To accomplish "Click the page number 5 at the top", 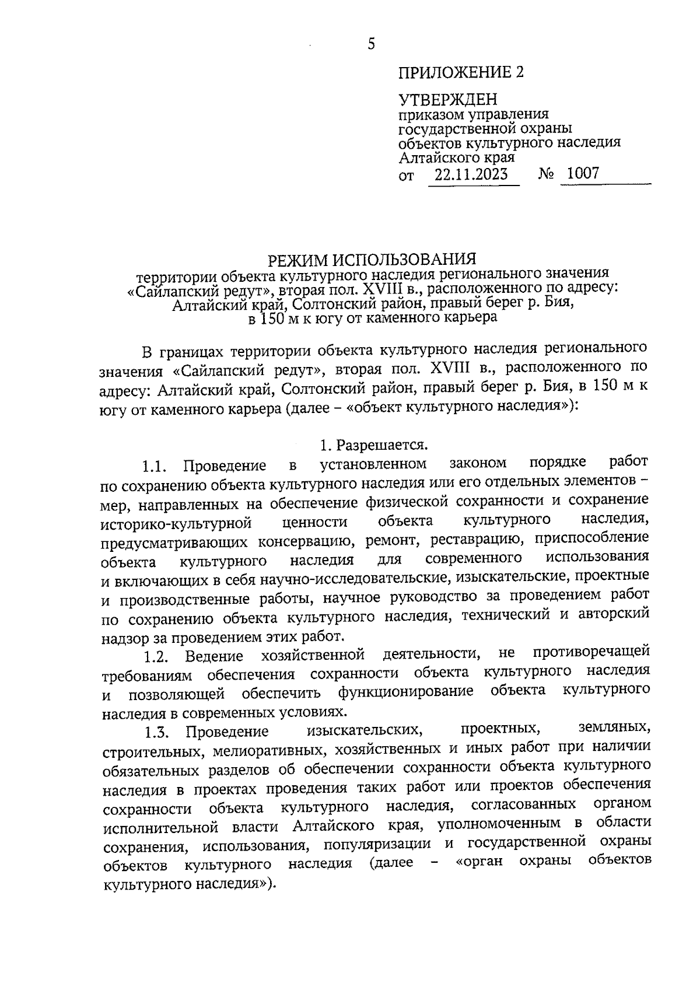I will (372, 44).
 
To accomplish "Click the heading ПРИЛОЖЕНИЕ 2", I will (461, 72).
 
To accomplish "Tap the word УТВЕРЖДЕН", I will (447, 100).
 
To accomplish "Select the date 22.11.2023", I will (471, 174).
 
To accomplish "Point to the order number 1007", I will (583, 173).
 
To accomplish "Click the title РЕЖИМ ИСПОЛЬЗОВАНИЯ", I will (372, 259).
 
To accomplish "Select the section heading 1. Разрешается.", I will (374, 445).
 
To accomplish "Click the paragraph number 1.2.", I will (156, 656).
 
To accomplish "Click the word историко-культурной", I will (176, 523).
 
